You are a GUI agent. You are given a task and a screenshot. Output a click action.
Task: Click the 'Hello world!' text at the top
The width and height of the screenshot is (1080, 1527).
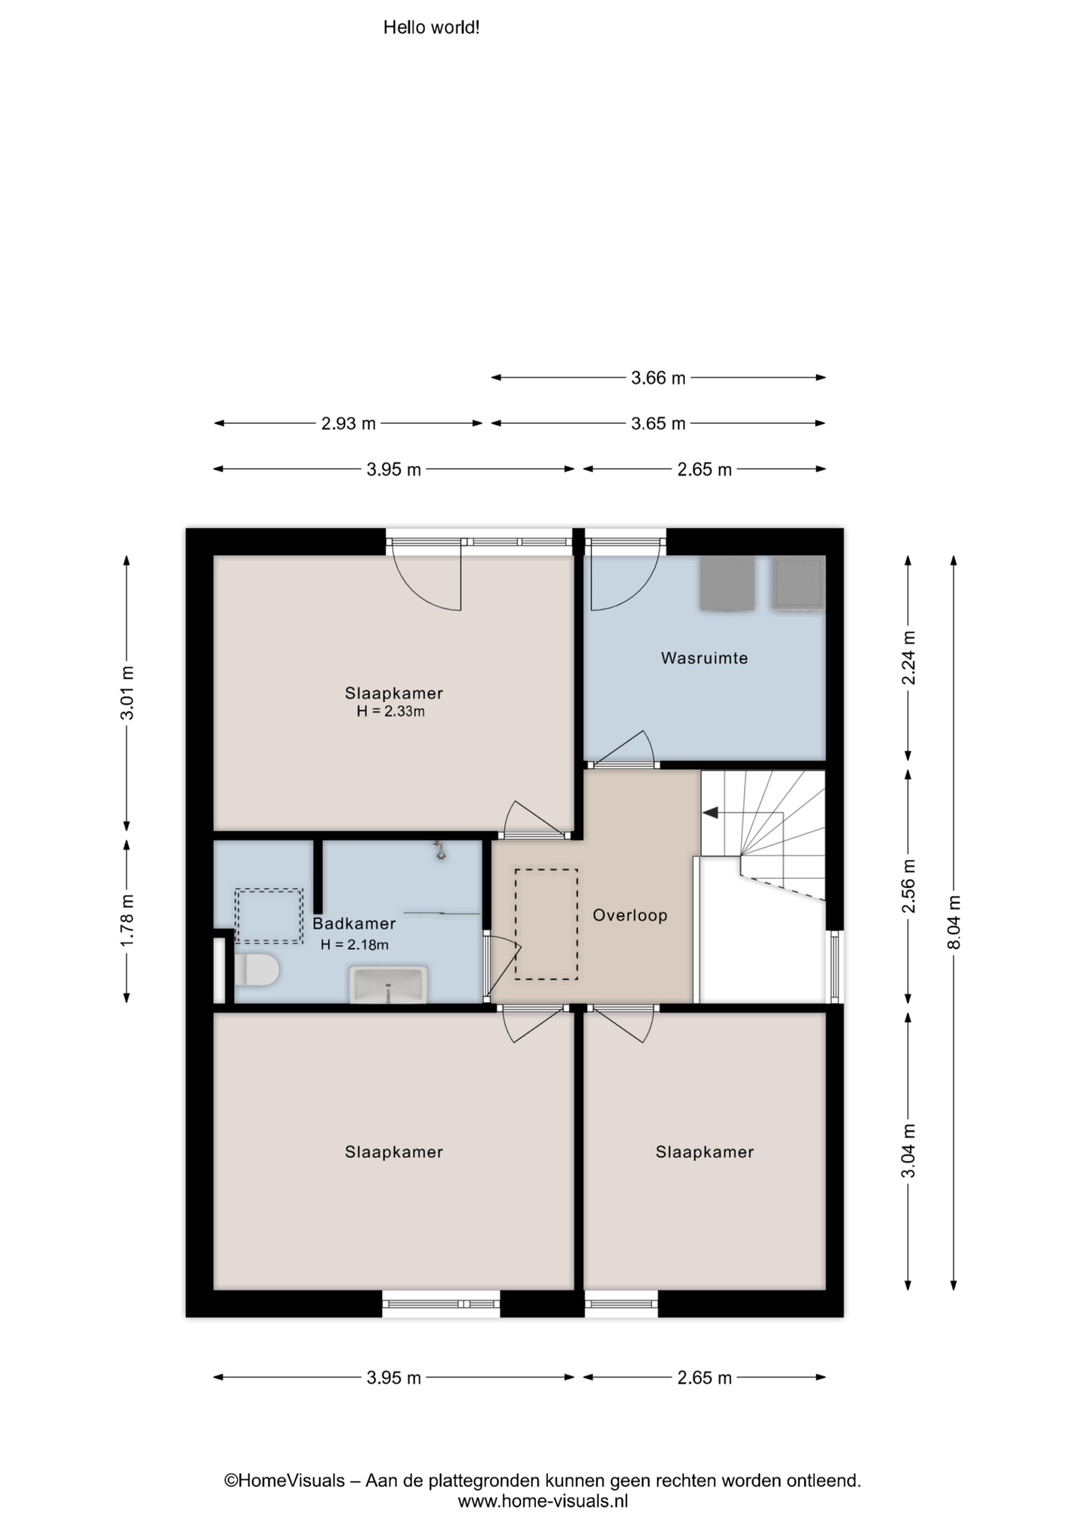[x=431, y=28]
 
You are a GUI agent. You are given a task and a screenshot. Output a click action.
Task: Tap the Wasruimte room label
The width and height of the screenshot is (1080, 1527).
[x=704, y=658]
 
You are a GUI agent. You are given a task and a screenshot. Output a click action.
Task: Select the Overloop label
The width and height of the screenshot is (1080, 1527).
[x=630, y=915]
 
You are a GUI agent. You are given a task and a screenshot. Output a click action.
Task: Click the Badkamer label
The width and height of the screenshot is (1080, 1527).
[x=354, y=923]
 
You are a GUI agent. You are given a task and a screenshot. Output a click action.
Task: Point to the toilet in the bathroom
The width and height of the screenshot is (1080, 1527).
[x=256, y=970]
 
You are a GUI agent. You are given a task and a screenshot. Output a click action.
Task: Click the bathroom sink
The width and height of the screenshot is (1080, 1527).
[x=388, y=985]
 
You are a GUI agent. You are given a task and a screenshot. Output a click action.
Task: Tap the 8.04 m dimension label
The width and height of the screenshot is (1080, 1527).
[x=954, y=922]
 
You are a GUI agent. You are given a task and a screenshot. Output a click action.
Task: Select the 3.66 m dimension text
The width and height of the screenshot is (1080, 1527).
[x=658, y=378]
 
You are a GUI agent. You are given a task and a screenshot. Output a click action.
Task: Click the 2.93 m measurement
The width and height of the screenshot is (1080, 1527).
[x=348, y=423]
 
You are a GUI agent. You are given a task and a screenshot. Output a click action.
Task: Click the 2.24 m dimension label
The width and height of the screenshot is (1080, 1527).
[x=909, y=657]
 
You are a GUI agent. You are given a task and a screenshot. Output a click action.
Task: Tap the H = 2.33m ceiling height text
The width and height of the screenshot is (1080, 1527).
[x=390, y=712]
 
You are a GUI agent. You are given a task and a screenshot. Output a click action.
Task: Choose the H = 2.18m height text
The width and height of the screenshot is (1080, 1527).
[x=355, y=945]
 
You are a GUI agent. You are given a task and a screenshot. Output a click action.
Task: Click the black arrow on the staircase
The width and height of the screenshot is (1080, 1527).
[x=710, y=812]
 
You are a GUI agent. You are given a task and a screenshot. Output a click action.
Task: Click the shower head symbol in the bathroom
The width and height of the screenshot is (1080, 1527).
[x=439, y=851]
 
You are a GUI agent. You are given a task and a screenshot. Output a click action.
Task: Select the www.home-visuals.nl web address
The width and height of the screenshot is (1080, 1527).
[x=542, y=1502]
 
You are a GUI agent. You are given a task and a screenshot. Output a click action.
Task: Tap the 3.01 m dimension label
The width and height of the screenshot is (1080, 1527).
[x=127, y=693]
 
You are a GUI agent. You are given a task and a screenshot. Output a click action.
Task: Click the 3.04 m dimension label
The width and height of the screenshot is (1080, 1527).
[x=909, y=1151]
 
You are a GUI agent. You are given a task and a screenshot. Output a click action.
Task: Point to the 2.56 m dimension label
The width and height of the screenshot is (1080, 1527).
[x=909, y=886]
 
